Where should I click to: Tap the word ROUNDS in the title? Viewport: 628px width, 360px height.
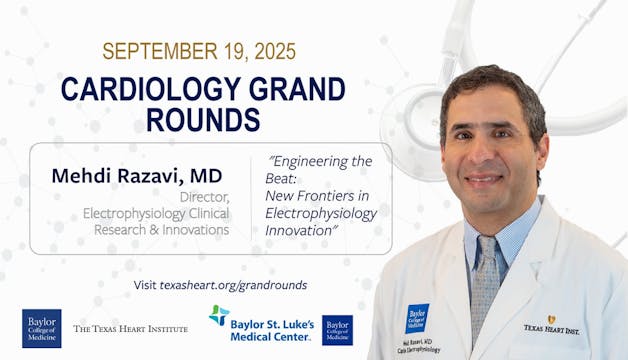pos(203,119)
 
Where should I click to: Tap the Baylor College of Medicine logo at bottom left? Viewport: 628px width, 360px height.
pos(41,328)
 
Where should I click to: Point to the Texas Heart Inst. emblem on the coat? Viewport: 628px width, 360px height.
pos(550,324)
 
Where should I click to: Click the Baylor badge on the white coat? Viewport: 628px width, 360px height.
pos(417,317)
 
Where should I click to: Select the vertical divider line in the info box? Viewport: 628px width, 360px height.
pos(250,198)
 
